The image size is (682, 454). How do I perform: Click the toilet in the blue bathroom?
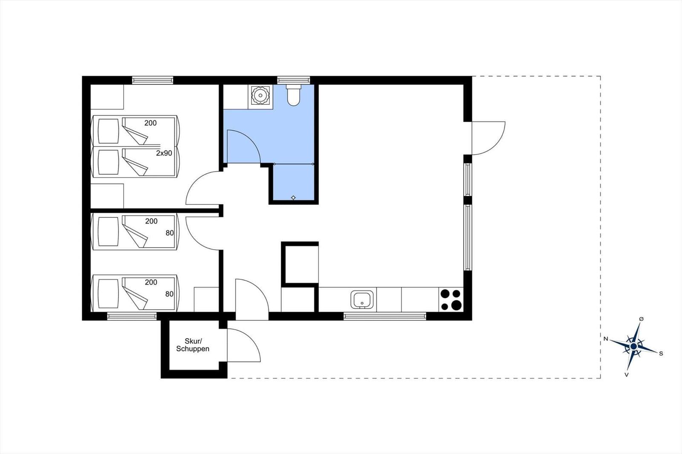(294, 95)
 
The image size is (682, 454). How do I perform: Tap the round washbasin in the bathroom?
(260, 95)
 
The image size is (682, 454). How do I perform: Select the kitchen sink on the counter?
(362, 300)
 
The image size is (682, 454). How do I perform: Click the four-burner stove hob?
(451, 300)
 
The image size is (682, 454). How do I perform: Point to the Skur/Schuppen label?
(193, 345)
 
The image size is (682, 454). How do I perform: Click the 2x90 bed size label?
(164, 153)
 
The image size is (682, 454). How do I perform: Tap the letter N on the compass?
(606, 339)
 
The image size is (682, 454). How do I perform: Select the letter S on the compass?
(661, 353)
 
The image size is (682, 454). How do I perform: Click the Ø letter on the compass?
(641, 319)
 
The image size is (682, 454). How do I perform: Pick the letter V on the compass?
(627, 375)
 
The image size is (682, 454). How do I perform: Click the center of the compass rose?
(633, 346)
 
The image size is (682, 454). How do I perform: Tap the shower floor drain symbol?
(293, 198)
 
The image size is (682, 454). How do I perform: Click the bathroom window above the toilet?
(294, 80)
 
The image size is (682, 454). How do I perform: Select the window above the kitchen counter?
(385, 316)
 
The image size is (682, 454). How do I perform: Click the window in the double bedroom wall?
(153, 80)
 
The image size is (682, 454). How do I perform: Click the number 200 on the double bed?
(150, 123)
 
